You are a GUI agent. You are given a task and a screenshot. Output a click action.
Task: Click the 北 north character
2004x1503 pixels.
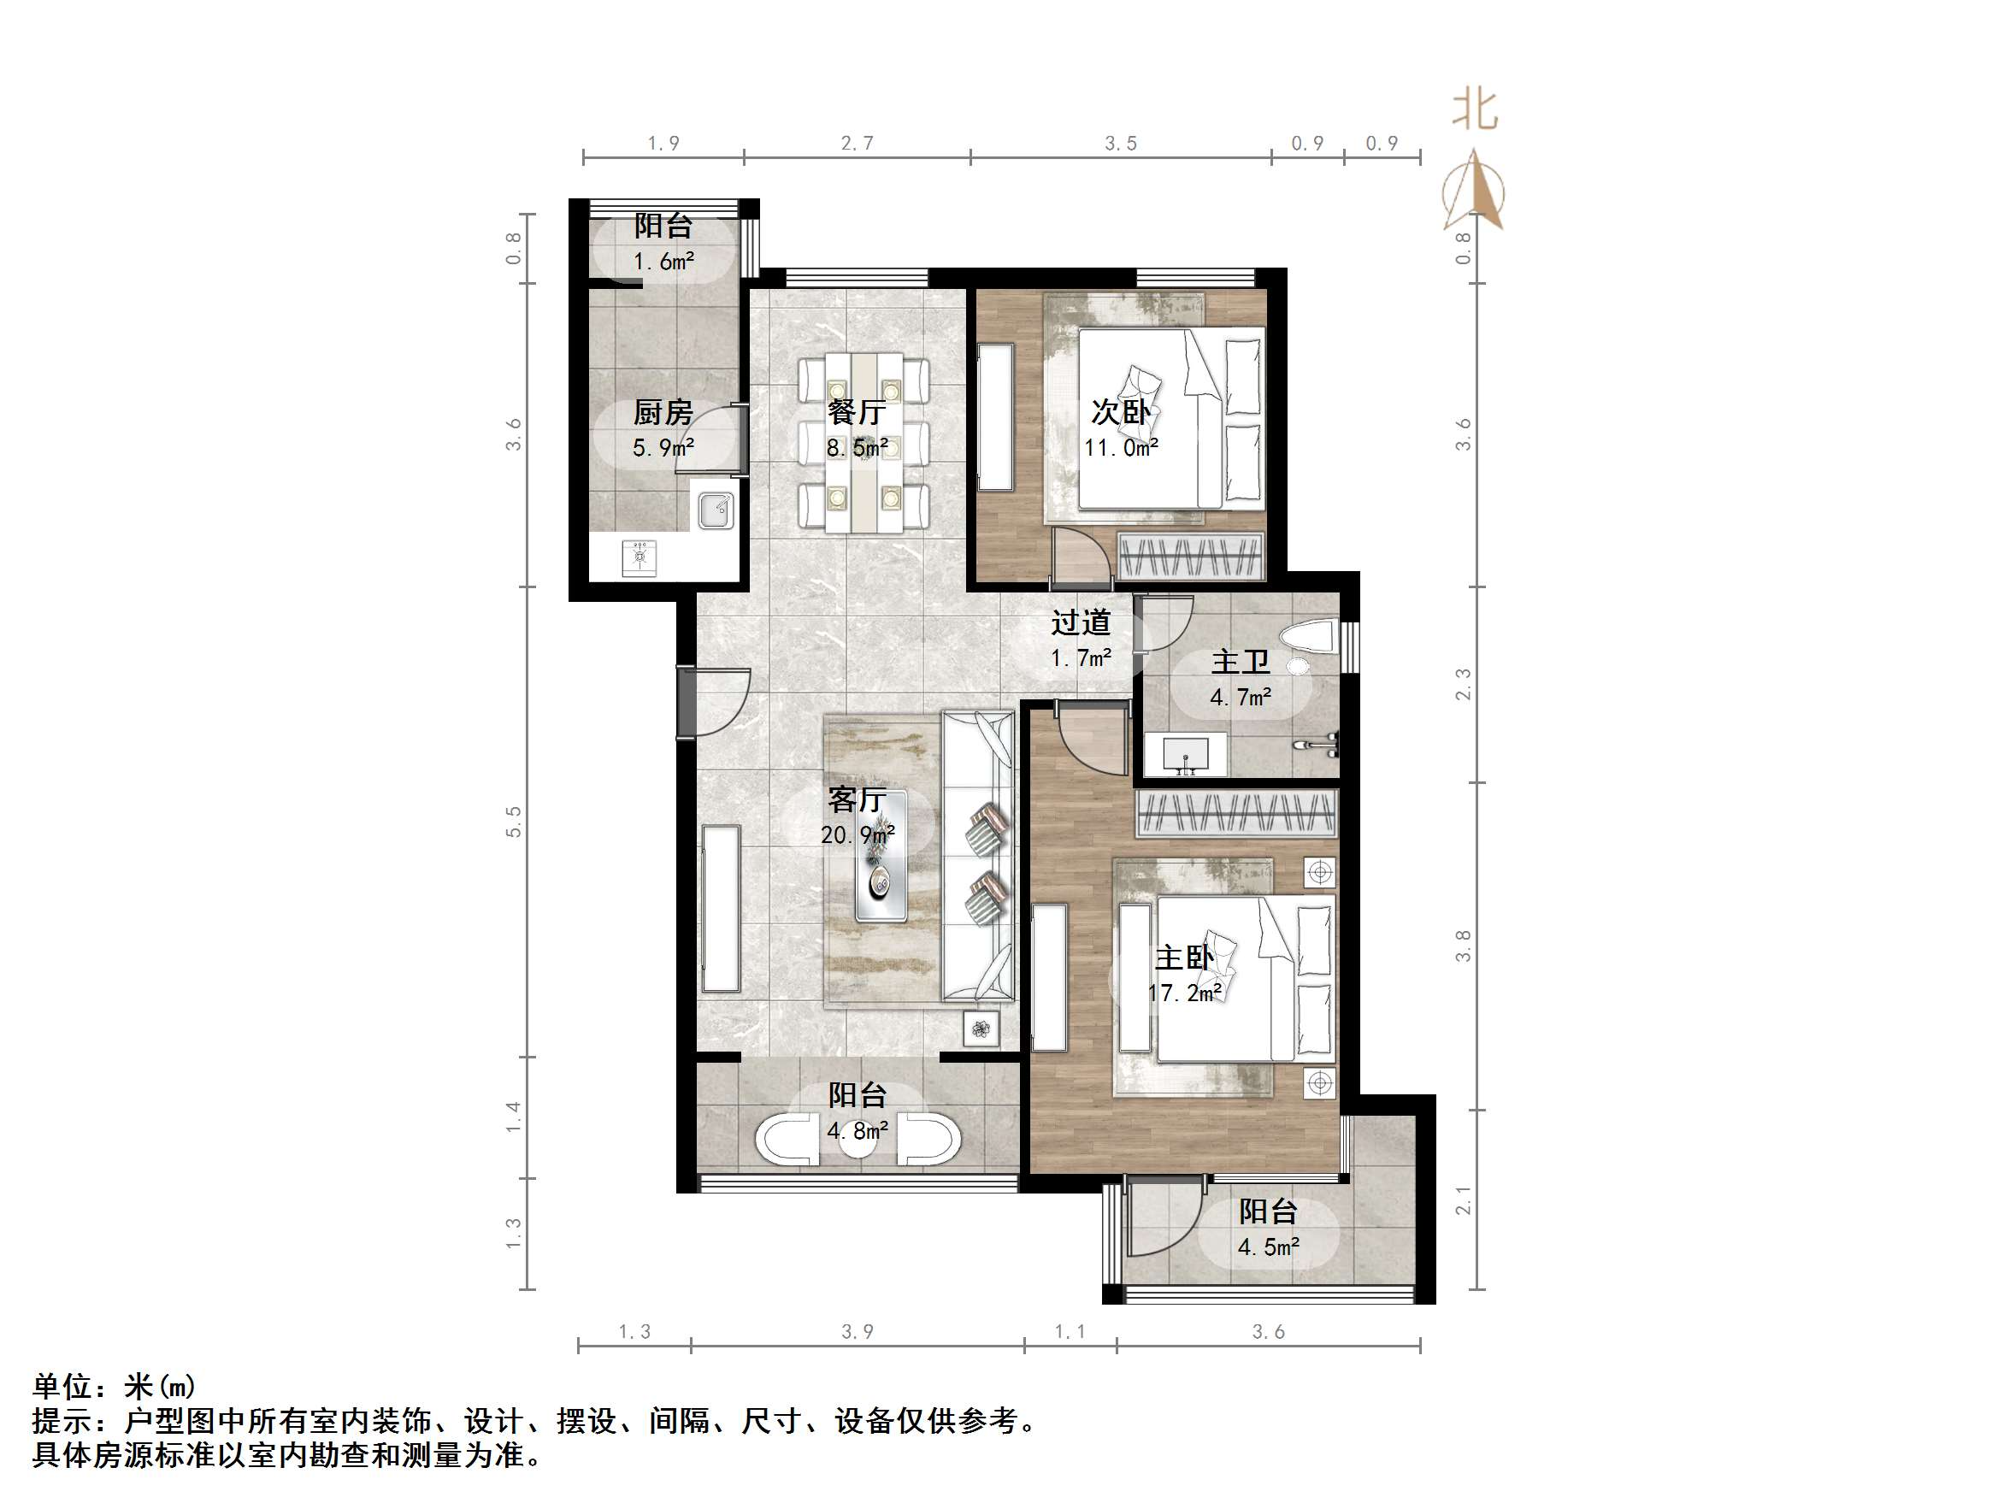coord(1475,110)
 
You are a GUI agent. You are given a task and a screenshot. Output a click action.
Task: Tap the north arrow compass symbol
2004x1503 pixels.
coord(1474,192)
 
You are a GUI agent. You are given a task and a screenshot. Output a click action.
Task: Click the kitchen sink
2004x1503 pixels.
coord(716,510)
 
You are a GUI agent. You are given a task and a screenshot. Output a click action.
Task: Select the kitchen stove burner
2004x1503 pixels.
coord(640,556)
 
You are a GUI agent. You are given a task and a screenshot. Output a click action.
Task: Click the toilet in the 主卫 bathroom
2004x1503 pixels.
coord(1311,637)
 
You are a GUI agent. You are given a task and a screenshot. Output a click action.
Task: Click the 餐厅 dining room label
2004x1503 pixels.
coord(856,412)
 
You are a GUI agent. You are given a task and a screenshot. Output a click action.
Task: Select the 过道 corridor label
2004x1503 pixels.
coord(1080,622)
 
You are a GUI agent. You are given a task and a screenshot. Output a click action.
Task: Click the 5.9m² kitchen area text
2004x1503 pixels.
coord(663,447)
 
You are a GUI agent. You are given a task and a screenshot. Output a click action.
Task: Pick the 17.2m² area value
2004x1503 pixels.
coord(1185,993)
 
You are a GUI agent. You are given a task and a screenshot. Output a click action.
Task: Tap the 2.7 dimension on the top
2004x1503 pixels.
coord(857,143)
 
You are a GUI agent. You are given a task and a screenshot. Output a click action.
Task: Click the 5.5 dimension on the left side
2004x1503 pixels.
coord(514,821)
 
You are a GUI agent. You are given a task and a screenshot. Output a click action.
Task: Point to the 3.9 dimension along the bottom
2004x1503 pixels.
coord(857,1331)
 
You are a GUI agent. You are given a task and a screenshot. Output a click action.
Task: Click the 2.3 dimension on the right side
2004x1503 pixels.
coord(1463,684)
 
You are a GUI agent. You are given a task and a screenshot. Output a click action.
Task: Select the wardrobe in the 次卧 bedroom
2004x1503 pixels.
coord(1189,556)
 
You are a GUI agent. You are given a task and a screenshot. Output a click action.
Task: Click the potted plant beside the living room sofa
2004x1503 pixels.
coord(981,1029)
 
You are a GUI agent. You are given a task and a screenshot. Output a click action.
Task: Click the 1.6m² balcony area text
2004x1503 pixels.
coord(663,262)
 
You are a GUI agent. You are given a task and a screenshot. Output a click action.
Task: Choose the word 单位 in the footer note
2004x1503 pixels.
coord(62,1386)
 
